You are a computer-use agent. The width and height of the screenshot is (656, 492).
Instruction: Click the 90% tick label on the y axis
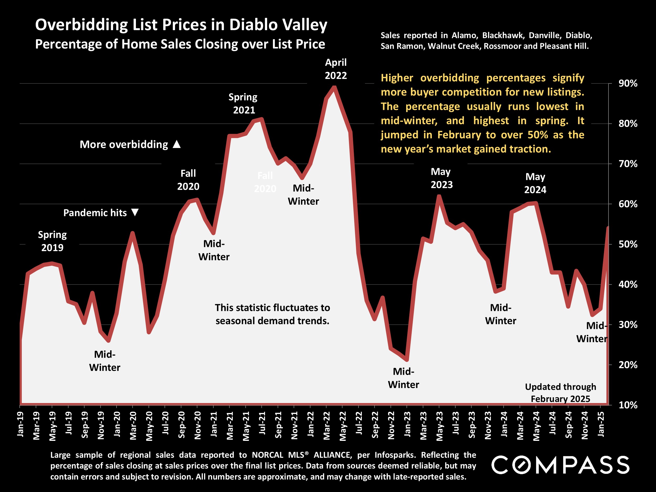pyautogui.click(x=628, y=83)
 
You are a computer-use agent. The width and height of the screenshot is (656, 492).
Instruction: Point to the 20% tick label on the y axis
pyautogui.click(x=628, y=365)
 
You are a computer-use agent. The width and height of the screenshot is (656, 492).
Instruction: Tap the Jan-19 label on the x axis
pyautogui.click(x=20, y=424)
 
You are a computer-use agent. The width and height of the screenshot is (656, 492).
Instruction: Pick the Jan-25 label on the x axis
pyautogui.click(x=601, y=424)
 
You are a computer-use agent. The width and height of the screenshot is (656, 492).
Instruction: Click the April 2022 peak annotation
pyautogui.click(x=336, y=69)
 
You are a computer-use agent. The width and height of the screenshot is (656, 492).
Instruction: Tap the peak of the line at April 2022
pyautogui.click(x=334, y=87)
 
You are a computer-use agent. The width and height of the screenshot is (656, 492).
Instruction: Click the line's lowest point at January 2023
pyautogui.click(x=407, y=360)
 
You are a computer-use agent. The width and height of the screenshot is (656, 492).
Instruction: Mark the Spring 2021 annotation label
pyautogui.click(x=243, y=103)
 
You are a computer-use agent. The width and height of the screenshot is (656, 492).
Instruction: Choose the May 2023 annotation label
pyautogui.click(x=441, y=178)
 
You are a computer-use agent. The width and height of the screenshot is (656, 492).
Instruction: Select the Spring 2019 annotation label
pyautogui.click(x=52, y=241)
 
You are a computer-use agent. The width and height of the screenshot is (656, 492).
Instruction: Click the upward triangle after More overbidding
pyautogui.click(x=177, y=144)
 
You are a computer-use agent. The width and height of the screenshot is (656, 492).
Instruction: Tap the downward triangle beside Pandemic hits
pyautogui.click(x=135, y=212)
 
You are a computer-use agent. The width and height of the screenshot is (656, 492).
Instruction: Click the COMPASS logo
pyautogui.click(x=560, y=465)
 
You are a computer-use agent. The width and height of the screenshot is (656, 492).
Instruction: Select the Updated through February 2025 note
pyautogui.click(x=560, y=393)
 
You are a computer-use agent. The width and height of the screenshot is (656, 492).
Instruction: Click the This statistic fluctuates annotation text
pyautogui.click(x=272, y=314)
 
